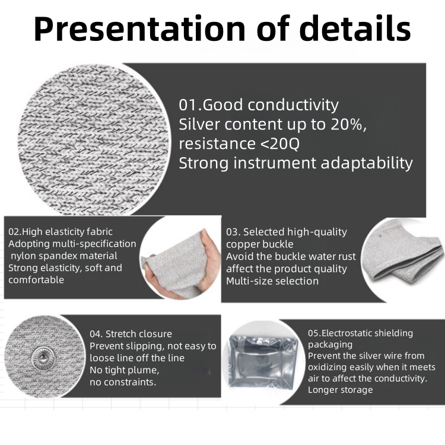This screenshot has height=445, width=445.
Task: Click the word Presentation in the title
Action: pos(139,28)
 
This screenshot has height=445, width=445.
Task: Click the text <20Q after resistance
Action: pos(279,144)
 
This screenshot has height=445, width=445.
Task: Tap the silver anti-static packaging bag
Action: pos(263,360)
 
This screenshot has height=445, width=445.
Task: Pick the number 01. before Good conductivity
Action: pos(190,104)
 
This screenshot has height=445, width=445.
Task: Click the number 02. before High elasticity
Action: pos(15,232)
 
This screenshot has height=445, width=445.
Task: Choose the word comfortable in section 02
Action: pos(36,280)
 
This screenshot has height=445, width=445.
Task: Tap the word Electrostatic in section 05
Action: pos(348,333)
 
